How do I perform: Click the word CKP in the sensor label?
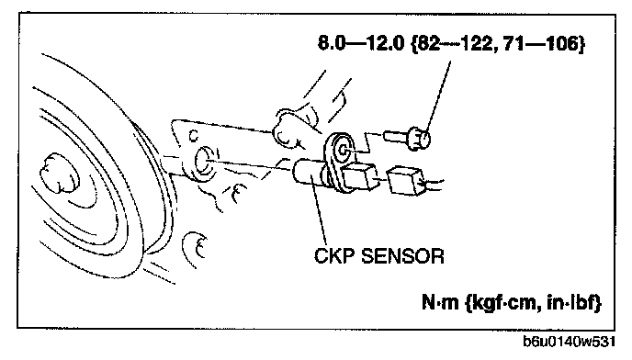click(334, 255)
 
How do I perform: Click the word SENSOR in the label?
click(402, 255)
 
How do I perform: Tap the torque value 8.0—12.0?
click(361, 43)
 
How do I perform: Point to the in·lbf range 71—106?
click(540, 43)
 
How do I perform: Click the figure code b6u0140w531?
click(569, 341)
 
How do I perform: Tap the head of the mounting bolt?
click(419, 139)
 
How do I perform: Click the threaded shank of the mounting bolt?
click(396, 136)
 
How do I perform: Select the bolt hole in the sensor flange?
click(343, 150)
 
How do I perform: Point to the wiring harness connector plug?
click(405, 180)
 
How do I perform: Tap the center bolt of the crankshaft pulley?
click(60, 173)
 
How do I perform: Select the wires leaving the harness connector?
click(433, 185)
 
